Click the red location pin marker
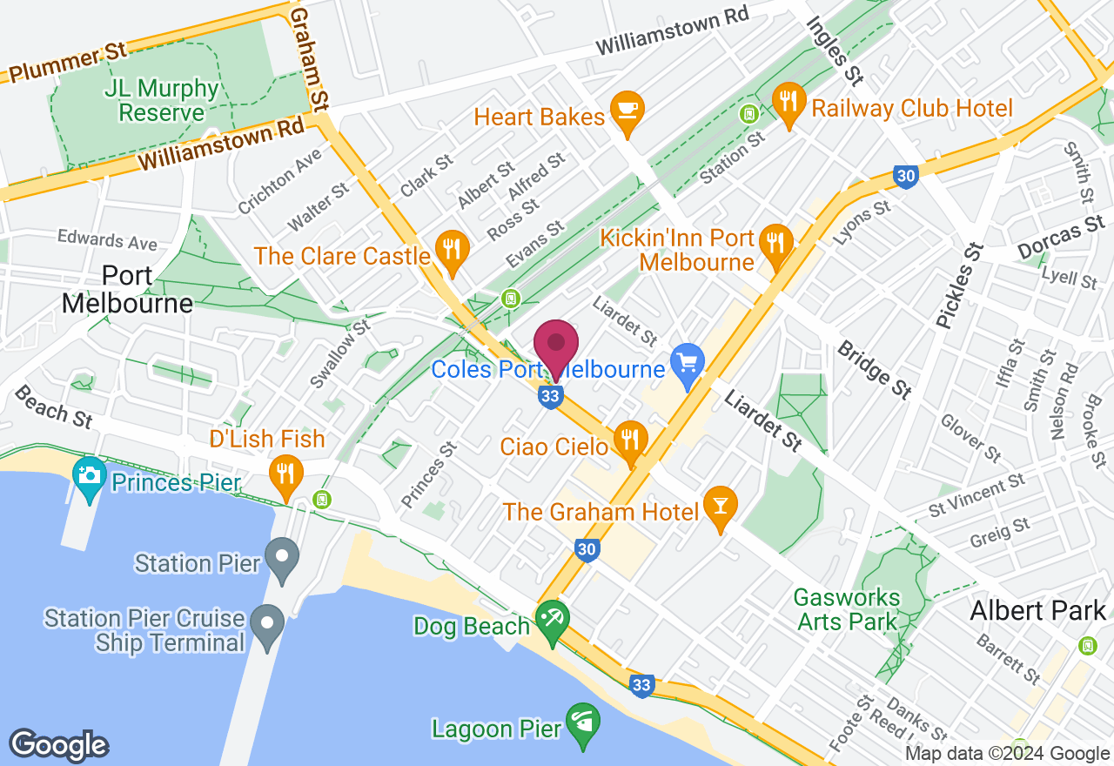click(555, 346)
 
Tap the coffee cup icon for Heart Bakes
click(626, 110)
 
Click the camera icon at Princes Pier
click(89, 474)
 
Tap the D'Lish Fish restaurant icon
click(284, 473)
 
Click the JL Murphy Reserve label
click(161, 101)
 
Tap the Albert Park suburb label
click(1037, 610)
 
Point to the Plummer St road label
click(65, 64)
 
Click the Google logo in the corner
click(58, 746)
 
